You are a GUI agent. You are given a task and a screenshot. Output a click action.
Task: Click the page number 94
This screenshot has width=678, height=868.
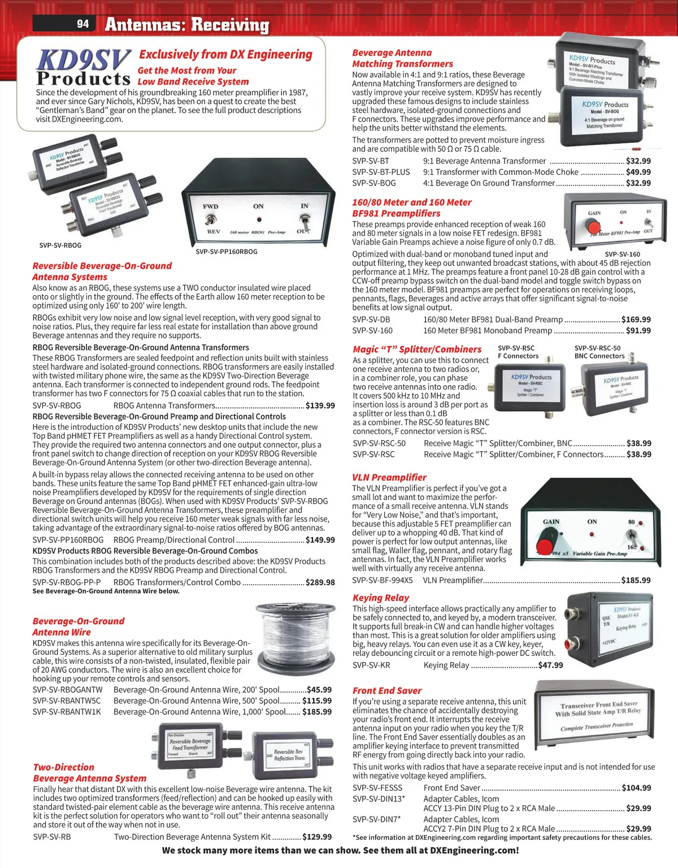83,24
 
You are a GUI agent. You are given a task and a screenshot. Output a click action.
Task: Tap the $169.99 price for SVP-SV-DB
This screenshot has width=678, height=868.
636,319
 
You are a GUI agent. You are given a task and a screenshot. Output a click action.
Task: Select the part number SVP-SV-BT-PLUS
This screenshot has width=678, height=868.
381,172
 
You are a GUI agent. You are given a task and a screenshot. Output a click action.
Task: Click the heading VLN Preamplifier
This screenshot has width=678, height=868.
389,477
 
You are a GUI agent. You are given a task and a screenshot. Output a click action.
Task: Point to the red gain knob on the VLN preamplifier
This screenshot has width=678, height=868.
546,541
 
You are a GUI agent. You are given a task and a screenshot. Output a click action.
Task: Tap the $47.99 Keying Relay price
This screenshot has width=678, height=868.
550,665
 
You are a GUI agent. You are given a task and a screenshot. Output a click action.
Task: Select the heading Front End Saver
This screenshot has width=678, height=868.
386,690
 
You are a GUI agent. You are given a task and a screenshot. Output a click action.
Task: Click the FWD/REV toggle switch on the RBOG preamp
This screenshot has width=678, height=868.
212,219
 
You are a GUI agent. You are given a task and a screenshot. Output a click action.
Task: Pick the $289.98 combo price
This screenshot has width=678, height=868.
320,582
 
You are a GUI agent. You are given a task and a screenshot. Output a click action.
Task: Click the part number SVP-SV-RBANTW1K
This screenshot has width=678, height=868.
67,712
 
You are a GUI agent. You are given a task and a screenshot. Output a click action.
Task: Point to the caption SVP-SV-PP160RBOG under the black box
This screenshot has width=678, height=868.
226,252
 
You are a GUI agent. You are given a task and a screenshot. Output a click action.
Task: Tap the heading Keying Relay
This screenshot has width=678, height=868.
380,598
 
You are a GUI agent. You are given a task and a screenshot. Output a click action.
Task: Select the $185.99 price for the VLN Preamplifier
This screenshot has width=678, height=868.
636,580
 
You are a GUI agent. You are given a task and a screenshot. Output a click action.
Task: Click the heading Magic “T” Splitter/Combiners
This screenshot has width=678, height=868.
417,349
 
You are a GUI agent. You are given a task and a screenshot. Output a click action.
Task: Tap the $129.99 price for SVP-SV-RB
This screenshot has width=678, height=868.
317,836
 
